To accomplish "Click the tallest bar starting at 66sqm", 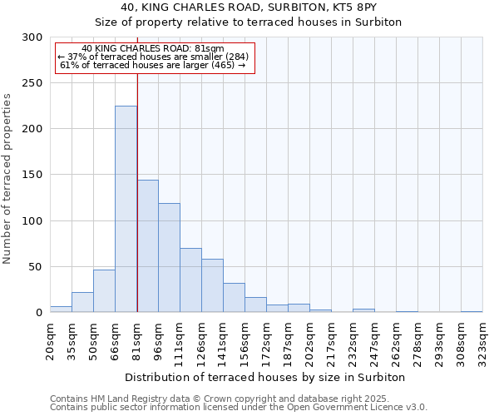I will click(126, 209).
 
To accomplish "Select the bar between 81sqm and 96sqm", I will click(147, 246).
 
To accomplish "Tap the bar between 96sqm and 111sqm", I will click(169, 258).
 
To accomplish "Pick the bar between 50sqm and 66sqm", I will click(104, 291).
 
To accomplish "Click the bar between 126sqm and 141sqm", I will click(212, 285).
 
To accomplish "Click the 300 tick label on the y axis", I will click(32, 37).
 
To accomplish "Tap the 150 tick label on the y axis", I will click(32, 175).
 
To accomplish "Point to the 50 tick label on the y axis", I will click(36, 267).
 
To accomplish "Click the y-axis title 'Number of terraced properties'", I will click(7, 178).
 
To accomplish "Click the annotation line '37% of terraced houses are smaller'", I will click(153, 57).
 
